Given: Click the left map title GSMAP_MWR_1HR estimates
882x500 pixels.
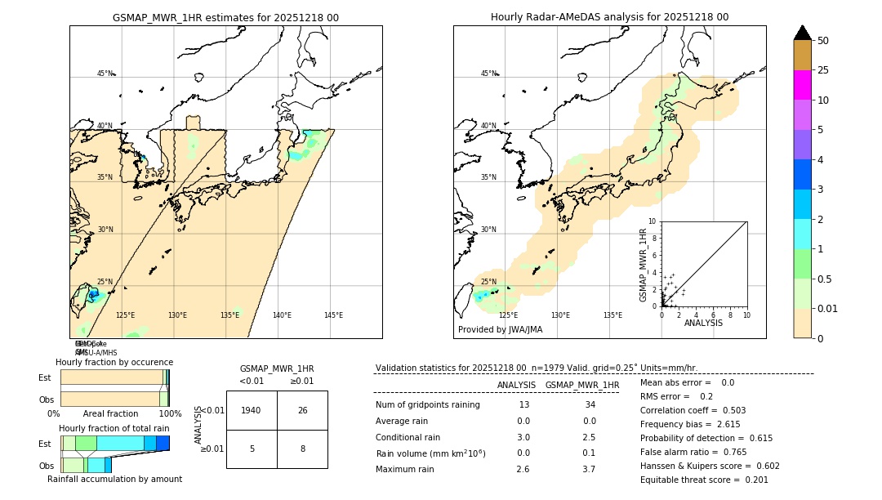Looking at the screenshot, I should pos(225,17).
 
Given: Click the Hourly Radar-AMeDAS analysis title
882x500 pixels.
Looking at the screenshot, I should pos(609,17).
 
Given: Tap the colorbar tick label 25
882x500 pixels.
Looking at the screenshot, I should pos(824,70).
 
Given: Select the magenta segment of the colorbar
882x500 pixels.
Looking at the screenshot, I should pos(803,85).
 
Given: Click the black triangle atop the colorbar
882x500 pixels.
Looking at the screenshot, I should pos(803,33).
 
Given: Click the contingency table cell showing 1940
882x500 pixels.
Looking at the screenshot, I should pos(252,410).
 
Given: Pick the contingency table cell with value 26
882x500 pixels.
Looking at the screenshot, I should pos(302,410).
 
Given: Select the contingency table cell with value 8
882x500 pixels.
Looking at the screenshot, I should pos(302,449).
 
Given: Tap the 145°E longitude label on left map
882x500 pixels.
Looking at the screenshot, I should pos(333,315).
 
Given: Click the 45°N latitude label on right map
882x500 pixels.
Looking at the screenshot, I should pos(488,74).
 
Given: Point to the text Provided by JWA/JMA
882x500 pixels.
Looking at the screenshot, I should pos(500,329).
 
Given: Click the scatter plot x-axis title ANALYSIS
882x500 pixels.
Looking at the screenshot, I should pos(704,324).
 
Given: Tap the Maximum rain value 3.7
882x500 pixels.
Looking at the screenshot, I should pos(588,469).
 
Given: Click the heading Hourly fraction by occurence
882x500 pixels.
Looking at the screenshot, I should pos(114,362).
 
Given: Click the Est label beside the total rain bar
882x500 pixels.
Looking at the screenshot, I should pos(45,444).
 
